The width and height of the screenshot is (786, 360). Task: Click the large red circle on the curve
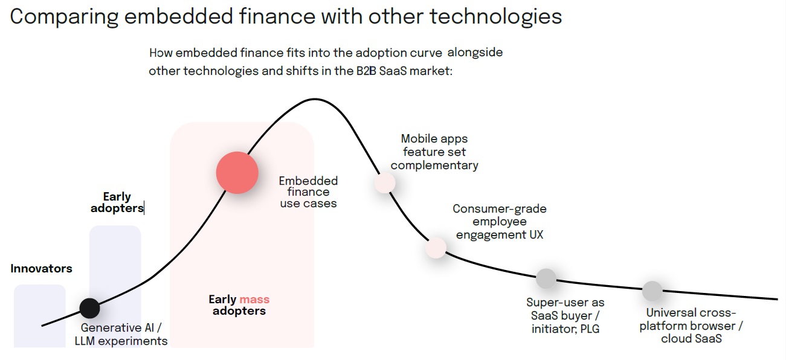tap(237, 173)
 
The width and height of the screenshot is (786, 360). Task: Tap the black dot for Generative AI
tap(89, 308)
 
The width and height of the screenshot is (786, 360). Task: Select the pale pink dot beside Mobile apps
tap(384, 182)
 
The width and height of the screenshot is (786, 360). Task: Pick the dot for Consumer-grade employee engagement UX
tap(436, 248)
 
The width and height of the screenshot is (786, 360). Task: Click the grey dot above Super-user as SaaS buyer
tap(546, 278)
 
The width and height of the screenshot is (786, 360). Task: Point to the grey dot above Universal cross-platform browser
tap(652, 291)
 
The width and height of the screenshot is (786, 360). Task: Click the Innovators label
tap(41, 269)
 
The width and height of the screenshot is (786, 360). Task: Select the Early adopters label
tap(117, 202)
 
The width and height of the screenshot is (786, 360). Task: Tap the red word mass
tap(254, 300)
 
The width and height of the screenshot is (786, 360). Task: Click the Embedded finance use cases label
tap(308, 192)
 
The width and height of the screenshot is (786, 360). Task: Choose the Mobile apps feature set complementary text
tap(434, 152)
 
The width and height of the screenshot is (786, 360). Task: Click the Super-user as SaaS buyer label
tap(565, 315)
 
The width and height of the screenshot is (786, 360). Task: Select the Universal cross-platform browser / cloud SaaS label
tap(691, 326)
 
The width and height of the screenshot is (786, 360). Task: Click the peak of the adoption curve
tap(314, 99)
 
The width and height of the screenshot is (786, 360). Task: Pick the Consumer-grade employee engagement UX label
tap(500, 222)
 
